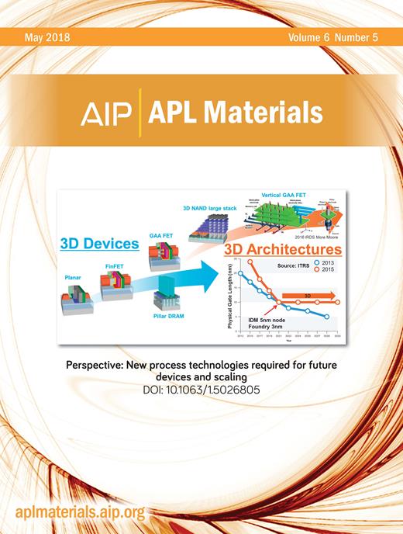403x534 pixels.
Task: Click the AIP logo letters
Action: point(108,114)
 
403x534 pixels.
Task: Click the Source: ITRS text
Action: point(291,265)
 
